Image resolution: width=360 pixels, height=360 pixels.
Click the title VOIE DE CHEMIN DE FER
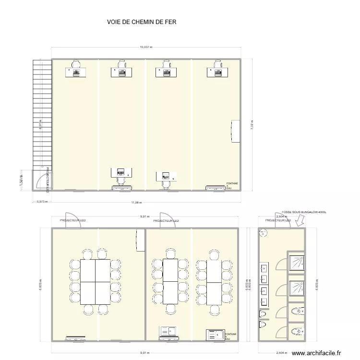click(138, 22)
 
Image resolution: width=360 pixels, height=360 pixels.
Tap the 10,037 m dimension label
click(146, 47)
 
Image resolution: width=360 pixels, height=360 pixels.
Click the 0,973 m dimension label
click(43, 202)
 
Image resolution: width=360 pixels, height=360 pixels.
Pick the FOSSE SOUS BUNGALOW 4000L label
click(304, 211)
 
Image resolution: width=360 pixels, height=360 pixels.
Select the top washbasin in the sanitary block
click(264, 268)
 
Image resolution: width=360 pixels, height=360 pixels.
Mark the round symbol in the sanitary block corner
click(263, 233)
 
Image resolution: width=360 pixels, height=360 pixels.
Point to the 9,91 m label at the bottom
click(144, 353)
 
